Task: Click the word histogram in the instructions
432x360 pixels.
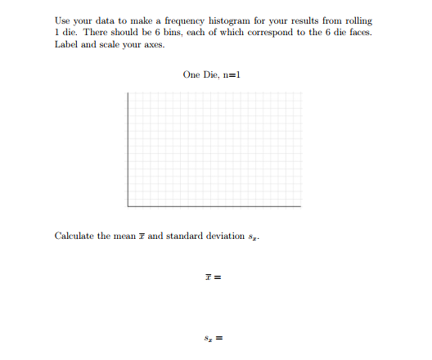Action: click(x=228, y=20)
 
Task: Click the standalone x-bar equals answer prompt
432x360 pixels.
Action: click(x=215, y=277)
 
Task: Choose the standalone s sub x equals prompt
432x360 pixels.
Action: click(x=215, y=337)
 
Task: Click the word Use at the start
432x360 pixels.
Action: click(x=63, y=20)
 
